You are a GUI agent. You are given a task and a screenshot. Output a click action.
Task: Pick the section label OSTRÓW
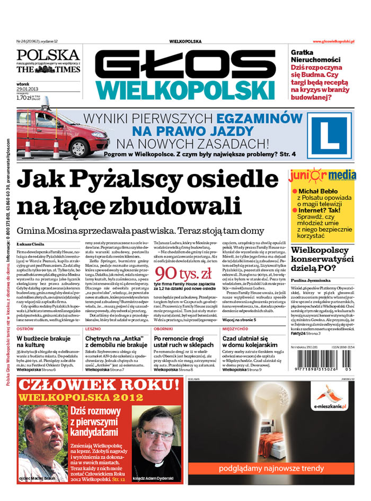coord(26,329)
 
